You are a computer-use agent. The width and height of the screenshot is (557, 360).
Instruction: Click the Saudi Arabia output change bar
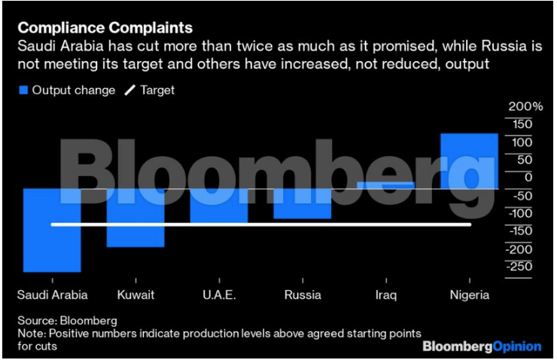(52, 230)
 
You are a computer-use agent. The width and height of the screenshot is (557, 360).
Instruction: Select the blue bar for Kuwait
(135, 218)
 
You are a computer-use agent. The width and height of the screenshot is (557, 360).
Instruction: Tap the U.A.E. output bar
(219, 206)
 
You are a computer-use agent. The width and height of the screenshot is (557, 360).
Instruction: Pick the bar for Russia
(303, 203)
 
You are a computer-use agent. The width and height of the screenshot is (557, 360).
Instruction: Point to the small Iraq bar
(385, 185)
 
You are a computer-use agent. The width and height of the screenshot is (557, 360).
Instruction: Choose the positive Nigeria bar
(469, 160)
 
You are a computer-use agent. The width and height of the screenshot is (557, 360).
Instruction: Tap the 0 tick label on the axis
(528, 177)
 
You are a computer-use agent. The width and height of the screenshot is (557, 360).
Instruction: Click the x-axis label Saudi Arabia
(52, 294)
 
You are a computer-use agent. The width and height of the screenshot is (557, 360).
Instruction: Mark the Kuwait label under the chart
(135, 294)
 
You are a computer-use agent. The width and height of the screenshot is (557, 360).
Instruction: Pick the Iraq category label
(385, 294)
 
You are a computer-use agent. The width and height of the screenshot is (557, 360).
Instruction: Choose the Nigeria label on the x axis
(469, 294)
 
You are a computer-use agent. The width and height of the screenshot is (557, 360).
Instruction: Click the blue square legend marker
(23, 90)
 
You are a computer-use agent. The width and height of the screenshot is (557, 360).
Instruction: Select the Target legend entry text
(157, 90)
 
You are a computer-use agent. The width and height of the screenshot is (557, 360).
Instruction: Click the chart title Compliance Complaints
(105, 28)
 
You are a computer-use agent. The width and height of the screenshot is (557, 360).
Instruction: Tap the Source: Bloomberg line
(68, 320)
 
